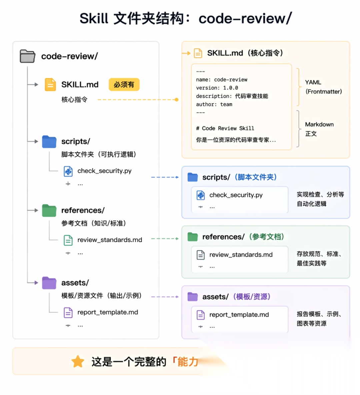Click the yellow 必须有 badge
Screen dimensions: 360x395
click(x=124, y=84)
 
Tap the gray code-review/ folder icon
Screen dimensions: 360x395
click(x=27, y=56)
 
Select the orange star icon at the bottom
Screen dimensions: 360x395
click(x=78, y=361)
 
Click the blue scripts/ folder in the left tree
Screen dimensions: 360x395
click(x=49, y=142)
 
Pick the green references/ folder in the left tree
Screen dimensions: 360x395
click(x=49, y=210)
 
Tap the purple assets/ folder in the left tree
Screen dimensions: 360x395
click(x=49, y=283)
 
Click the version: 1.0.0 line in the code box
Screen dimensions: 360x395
click(x=217, y=88)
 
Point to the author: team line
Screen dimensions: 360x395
click(x=214, y=104)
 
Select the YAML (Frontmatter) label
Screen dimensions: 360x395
click(x=323, y=87)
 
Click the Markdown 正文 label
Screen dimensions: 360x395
click(x=319, y=129)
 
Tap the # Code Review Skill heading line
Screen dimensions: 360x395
click(x=225, y=128)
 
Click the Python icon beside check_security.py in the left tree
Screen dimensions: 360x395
click(x=68, y=171)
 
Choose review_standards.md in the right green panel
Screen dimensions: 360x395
click(x=241, y=255)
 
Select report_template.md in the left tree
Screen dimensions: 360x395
click(x=108, y=312)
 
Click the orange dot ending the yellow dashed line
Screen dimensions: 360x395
click(x=177, y=100)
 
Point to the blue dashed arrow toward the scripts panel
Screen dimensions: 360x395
click(x=165, y=177)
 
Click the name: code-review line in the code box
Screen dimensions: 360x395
click(x=222, y=80)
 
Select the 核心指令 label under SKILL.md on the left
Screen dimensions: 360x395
click(x=74, y=100)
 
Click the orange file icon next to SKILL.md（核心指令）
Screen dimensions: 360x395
click(x=198, y=53)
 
